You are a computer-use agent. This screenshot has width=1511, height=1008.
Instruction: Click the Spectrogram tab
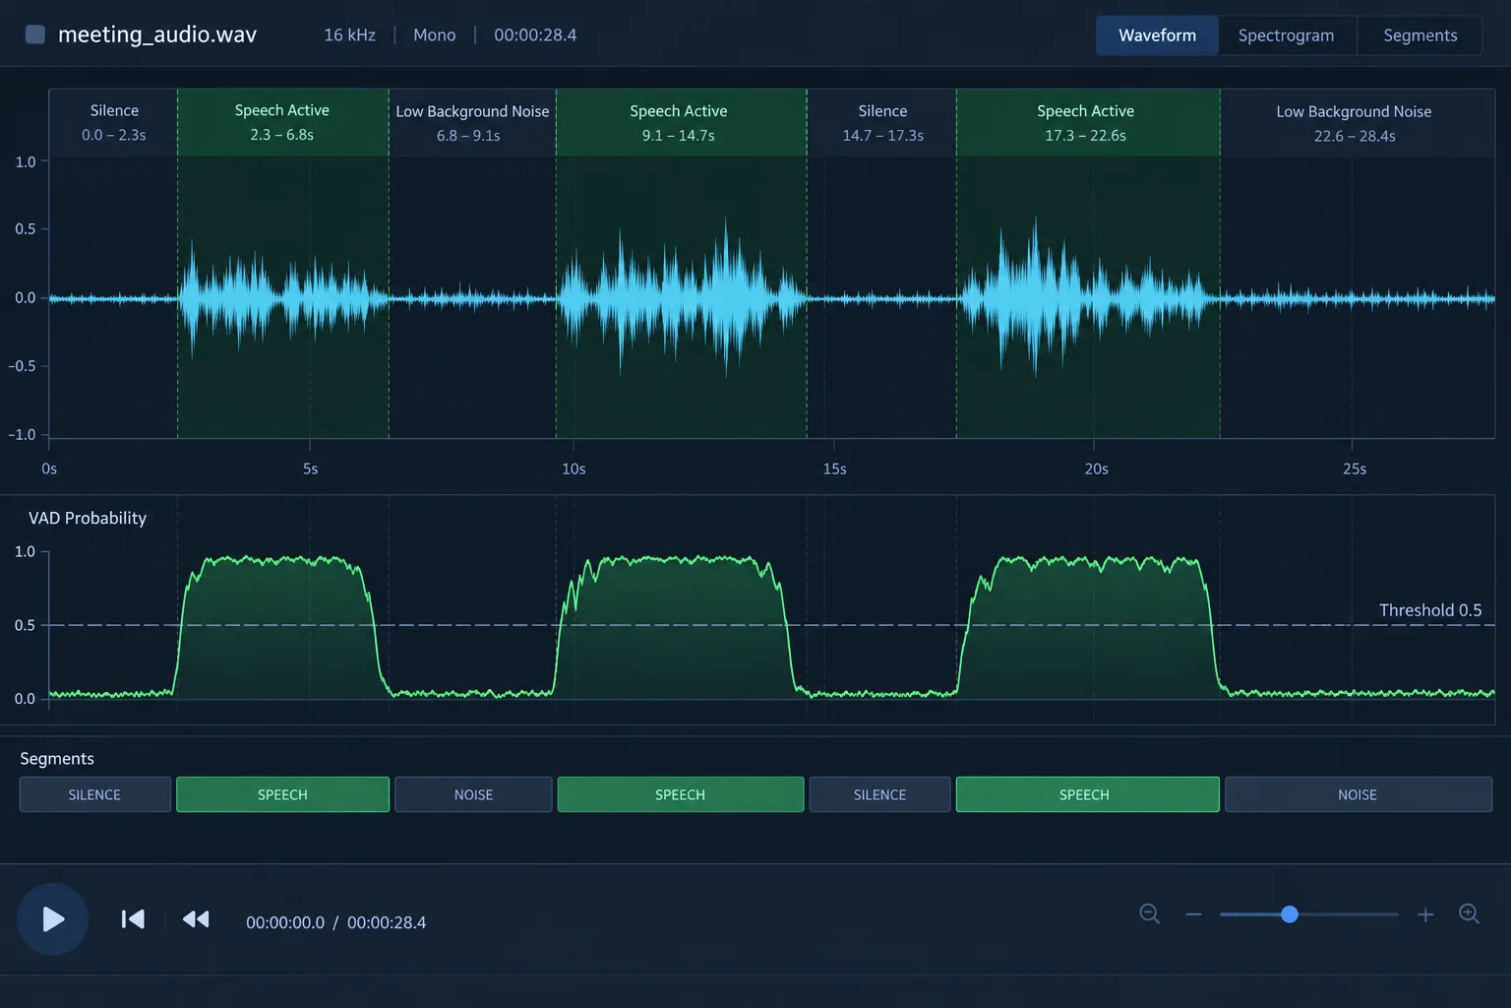pyautogui.click(x=1287, y=35)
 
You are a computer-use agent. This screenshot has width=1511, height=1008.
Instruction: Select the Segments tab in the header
pyautogui.click(x=1420, y=35)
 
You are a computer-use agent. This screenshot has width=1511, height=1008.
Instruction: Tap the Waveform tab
pyautogui.click(x=1157, y=35)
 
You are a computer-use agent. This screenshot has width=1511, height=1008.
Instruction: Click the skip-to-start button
pyautogui.click(x=133, y=918)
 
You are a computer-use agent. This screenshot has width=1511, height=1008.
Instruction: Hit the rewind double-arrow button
pyautogui.click(x=196, y=918)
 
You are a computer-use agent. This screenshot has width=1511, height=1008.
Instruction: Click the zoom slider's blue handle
pyautogui.click(x=1289, y=914)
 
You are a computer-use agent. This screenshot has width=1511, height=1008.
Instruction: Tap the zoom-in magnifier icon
pyautogui.click(x=1469, y=914)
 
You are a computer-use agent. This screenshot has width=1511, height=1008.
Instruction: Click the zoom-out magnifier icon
pyautogui.click(x=1149, y=914)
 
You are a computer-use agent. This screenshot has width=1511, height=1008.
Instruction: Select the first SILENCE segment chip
pyautogui.click(x=95, y=794)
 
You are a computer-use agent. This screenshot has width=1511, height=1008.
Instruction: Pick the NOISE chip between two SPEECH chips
pyautogui.click(x=473, y=794)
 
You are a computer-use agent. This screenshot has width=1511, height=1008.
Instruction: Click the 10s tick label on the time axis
pyautogui.click(x=574, y=469)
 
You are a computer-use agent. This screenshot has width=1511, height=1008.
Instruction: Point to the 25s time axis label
pyautogui.click(x=1355, y=469)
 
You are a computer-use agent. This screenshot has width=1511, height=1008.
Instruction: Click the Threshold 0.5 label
pyautogui.click(x=1430, y=610)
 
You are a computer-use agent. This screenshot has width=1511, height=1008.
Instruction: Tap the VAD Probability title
pyautogui.click(x=87, y=518)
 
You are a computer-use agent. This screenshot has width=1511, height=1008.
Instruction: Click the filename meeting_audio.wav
pyautogui.click(x=157, y=34)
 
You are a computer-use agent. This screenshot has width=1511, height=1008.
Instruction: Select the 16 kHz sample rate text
pyautogui.click(x=349, y=35)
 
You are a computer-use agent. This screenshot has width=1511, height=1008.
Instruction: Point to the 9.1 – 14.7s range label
pyautogui.click(x=678, y=136)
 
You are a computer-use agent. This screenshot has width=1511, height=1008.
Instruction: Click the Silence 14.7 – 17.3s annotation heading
pyautogui.click(x=882, y=110)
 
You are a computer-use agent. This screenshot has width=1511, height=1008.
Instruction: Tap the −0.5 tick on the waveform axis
pyautogui.click(x=22, y=366)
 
